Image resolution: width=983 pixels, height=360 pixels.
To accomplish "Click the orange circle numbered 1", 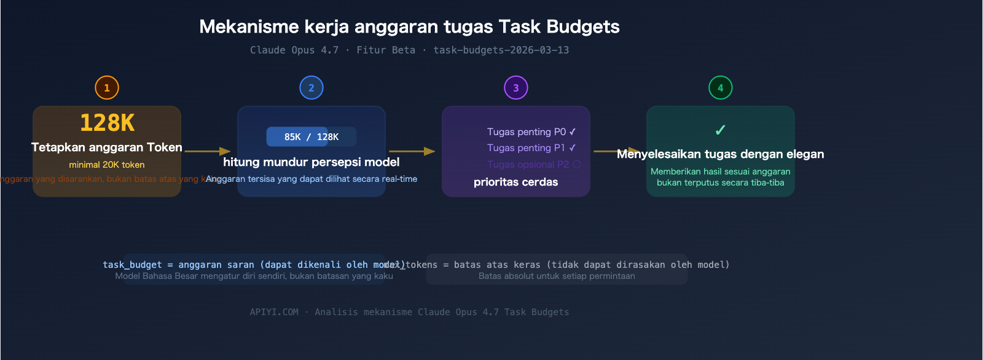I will (x=107, y=88).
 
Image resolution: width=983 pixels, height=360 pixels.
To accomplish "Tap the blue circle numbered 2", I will (x=311, y=88).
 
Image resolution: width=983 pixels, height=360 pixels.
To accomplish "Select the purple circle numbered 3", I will (x=516, y=88).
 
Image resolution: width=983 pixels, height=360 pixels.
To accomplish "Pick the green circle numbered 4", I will (x=721, y=88).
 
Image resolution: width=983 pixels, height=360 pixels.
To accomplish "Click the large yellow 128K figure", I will (x=107, y=123).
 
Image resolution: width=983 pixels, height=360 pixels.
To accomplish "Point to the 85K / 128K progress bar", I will (x=311, y=137).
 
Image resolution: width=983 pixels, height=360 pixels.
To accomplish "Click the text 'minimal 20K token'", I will (x=107, y=165).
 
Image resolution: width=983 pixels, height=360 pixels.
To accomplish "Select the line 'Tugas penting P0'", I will (x=527, y=132).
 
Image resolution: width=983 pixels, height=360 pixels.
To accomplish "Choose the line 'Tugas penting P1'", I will (x=527, y=148).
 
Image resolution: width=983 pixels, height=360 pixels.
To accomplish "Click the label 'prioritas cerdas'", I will (x=516, y=182).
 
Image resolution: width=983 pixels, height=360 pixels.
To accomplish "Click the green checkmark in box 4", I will (x=721, y=130).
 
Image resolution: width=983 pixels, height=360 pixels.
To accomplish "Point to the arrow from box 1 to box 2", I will (x=208, y=151).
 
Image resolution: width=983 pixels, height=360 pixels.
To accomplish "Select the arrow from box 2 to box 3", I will (x=412, y=151).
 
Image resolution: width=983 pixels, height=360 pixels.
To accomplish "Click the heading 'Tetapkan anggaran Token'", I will (x=107, y=147).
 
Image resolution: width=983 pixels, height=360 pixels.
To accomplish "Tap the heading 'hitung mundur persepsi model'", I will (x=311, y=162).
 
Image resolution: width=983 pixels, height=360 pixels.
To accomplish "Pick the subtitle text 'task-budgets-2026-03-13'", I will (x=501, y=50).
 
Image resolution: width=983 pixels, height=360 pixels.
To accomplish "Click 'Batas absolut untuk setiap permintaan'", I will (x=557, y=276).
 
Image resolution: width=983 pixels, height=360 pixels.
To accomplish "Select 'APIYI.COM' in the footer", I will (x=274, y=312).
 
